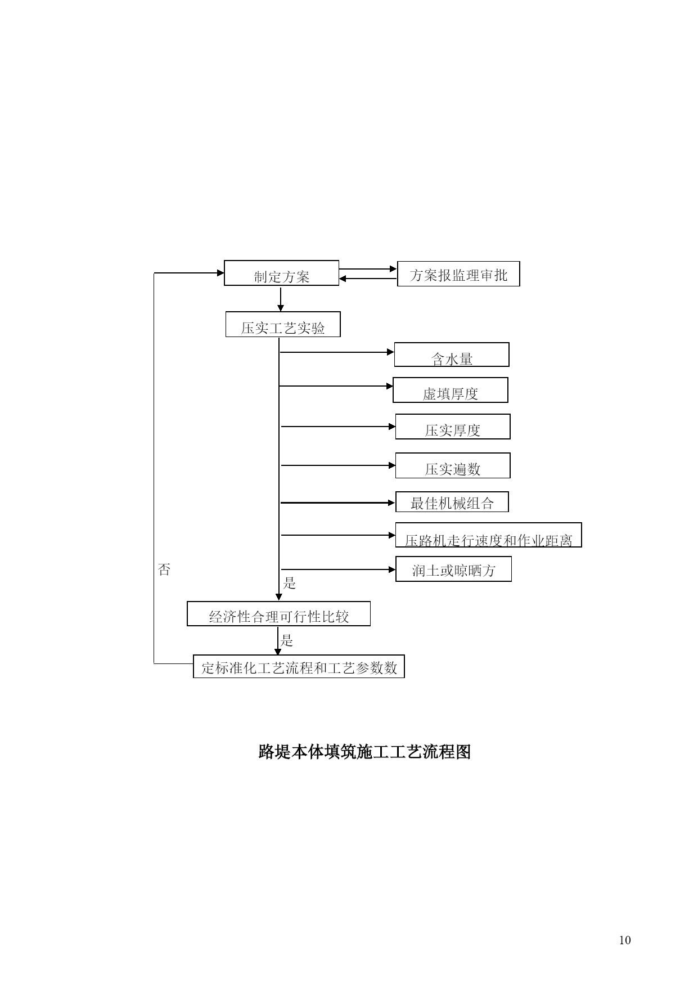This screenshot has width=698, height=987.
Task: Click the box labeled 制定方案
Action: [281, 273]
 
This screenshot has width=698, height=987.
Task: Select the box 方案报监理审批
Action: [458, 273]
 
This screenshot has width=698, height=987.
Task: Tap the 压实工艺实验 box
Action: [283, 324]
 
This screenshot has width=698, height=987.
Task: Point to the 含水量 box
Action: [452, 355]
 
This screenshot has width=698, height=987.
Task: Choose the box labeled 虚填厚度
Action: [451, 390]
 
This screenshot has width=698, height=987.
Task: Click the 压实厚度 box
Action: [453, 427]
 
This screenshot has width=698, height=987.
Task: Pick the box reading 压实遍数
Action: [453, 465]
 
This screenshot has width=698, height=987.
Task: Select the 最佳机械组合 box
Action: [452, 501]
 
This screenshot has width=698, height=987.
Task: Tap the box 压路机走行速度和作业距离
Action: [488, 535]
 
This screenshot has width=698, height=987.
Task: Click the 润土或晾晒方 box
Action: [453, 569]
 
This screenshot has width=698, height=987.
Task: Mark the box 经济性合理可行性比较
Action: [278, 613]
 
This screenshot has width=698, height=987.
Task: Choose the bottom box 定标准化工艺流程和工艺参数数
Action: [299, 666]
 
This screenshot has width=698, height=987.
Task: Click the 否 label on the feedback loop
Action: [164, 569]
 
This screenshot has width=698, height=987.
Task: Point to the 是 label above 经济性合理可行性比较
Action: [290, 583]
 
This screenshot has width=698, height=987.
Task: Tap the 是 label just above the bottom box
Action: [287, 640]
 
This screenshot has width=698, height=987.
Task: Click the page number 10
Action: [625, 940]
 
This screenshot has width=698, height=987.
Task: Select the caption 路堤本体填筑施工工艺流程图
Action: [364, 752]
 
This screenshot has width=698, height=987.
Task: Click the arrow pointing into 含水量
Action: [337, 352]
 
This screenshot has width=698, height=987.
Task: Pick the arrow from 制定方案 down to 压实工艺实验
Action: [281, 298]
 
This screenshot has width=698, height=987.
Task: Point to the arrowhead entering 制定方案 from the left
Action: [220, 273]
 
